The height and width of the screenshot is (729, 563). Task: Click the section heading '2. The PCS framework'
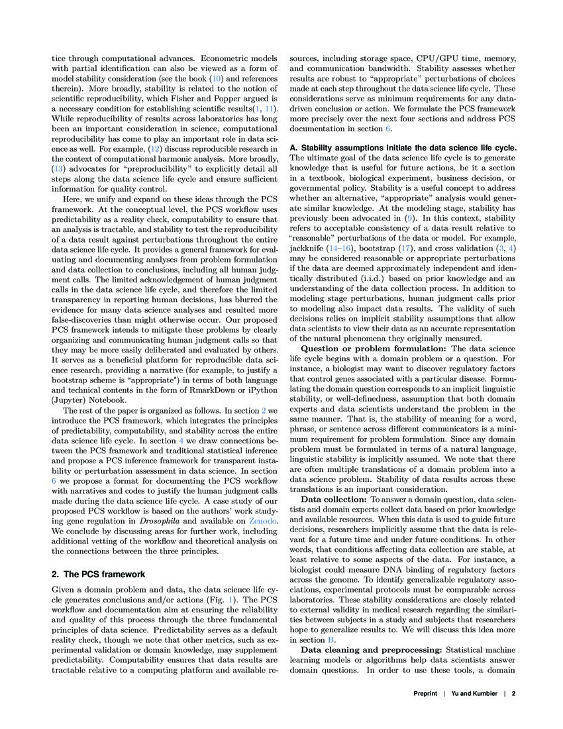pyautogui.click(x=99, y=574)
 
